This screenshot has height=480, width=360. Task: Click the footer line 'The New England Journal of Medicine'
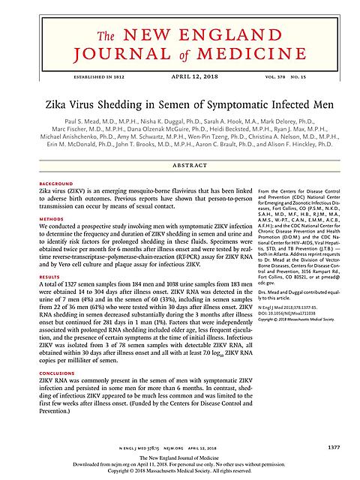tap(180, 459)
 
